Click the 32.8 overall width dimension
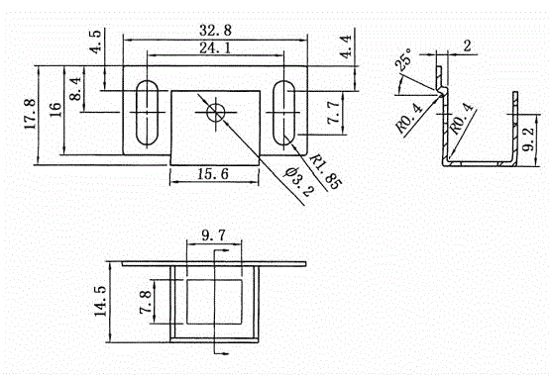(215, 30)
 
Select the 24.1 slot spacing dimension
(215, 47)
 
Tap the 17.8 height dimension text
(30, 114)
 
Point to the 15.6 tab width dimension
(213, 173)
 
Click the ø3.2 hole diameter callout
(299, 181)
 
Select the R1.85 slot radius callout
(325, 171)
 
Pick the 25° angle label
(403, 59)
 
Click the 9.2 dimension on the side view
(528, 139)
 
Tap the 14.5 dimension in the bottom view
(100, 301)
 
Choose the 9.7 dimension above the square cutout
(214, 235)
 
